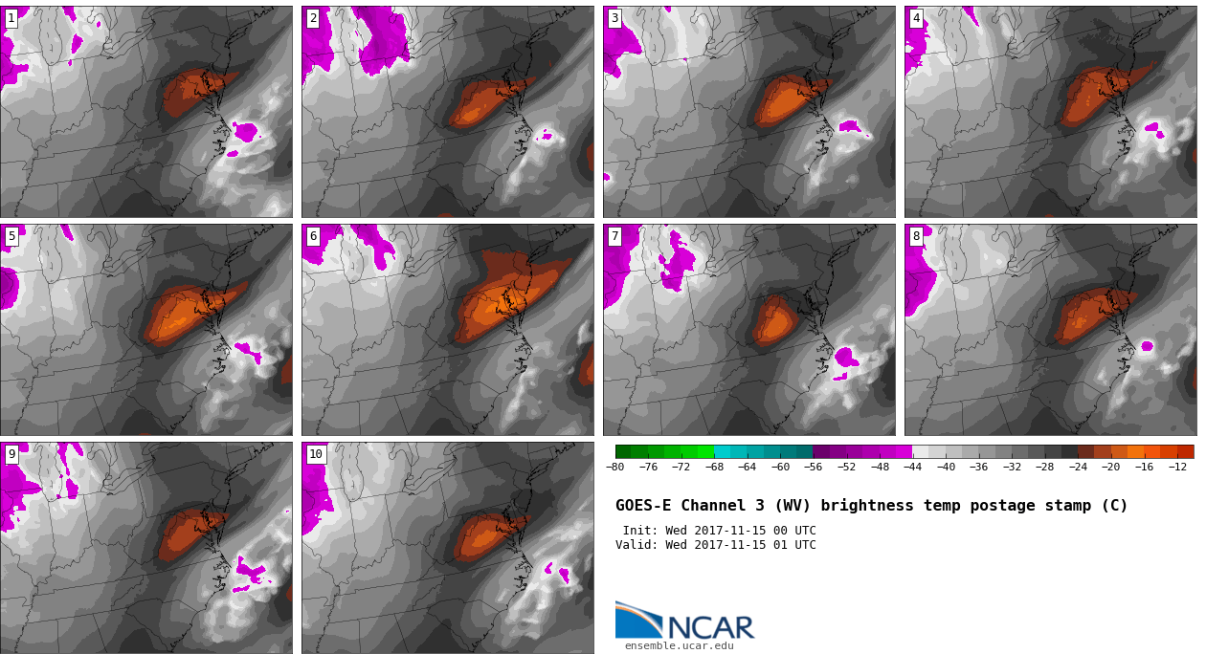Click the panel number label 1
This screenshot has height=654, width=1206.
(x=11, y=18)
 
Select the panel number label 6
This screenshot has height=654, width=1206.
(x=313, y=236)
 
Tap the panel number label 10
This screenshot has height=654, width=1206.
(x=316, y=454)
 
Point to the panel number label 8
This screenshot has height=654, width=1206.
(x=916, y=236)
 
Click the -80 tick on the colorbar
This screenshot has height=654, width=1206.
(x=615, y=467)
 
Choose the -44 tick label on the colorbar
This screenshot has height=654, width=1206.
(x=912, y=467)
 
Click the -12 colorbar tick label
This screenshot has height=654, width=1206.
(x=1177, y=467)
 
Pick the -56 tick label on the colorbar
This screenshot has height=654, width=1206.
(x=814, y=467)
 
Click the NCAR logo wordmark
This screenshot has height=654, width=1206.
(x=710, y=627)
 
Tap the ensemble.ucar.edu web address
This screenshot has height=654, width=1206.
(x=679, y=646)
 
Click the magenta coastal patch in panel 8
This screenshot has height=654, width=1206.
(x=1147, y=346)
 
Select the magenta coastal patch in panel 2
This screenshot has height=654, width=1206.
(x=547, y=136)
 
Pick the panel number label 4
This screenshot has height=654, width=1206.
(x=916, y=18)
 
